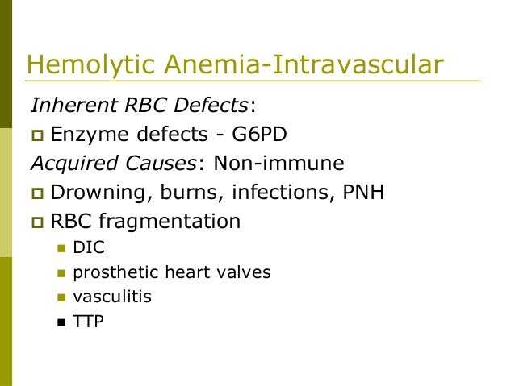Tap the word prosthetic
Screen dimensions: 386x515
(110, 272)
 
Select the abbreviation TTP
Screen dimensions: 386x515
(87, 321)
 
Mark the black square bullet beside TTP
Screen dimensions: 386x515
(61, 322)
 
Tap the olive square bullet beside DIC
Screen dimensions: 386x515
(61, 249)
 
